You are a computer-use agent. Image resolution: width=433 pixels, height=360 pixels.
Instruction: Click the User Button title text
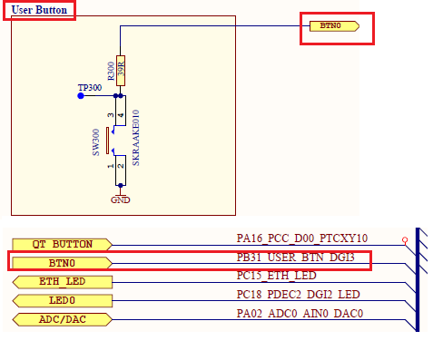[x=39, y=9]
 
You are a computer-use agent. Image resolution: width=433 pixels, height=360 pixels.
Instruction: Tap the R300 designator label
[x=111, y=73]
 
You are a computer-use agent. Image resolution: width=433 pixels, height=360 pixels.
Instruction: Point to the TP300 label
[x=90, y=88]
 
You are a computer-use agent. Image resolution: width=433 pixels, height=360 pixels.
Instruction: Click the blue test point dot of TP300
[x=80, y=95]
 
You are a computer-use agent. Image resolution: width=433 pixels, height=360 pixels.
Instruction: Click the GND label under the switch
[x=119, y=199]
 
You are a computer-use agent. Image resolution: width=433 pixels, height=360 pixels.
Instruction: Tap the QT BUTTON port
[x=63, y=243]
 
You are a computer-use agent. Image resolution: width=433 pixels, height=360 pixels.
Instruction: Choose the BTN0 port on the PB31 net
[x=63, y=262]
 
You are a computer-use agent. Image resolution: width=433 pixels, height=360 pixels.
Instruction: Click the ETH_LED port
[x=63, y=281]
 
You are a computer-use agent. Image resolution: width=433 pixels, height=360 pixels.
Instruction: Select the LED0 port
[x=63, y=300]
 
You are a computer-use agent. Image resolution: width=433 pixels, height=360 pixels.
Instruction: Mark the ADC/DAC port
[x=63, y=319]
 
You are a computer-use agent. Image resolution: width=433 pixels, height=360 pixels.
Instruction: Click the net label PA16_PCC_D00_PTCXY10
[x=301, y=238]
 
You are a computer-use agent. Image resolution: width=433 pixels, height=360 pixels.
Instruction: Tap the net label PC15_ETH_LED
[x=276, y=276]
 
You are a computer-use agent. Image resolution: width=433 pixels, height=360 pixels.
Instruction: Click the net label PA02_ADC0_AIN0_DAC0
[x=299, y=314]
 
